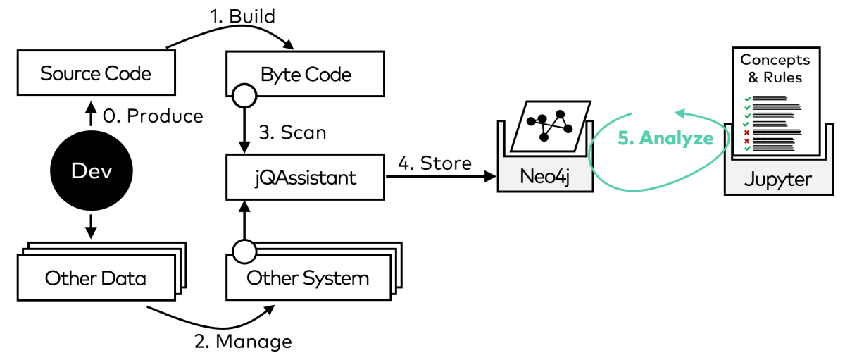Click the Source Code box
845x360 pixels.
pos(95,73)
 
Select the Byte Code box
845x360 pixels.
pos(306,73)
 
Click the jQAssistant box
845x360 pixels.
pos(306,177)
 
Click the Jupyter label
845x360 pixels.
pos(777,179)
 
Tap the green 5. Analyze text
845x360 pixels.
pos(665,138)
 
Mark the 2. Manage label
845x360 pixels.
pos(242,342)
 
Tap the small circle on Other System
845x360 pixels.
pos(244,251)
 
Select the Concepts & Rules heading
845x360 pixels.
pos(775,68)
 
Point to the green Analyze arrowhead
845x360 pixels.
pos(680,113)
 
